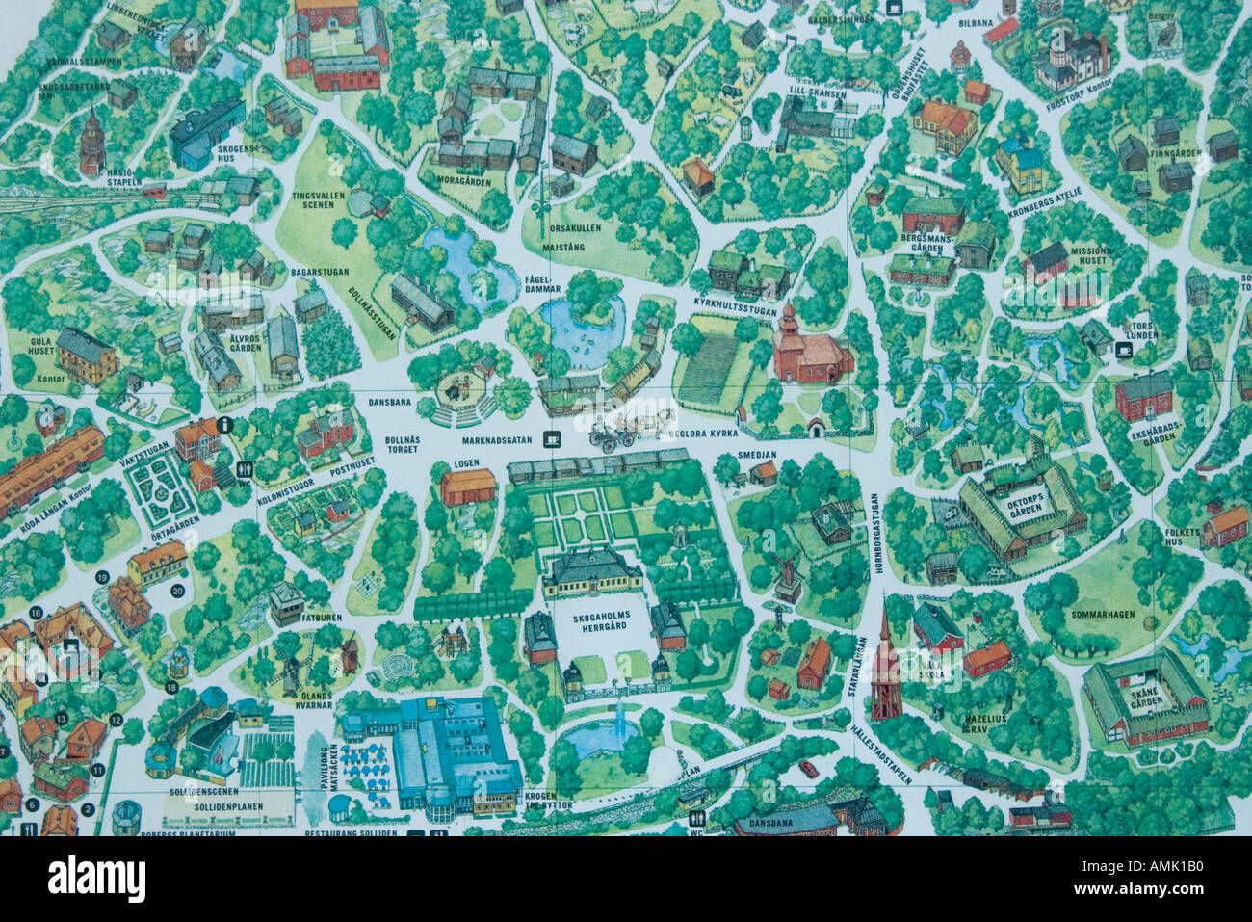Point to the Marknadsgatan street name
pos(497,440)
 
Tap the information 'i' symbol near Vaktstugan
pos(224,423)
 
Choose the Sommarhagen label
pos(1103,614)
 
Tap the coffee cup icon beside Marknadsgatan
pos(552,439)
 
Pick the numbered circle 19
pos(102,576)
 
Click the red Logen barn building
pos(468,487)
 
